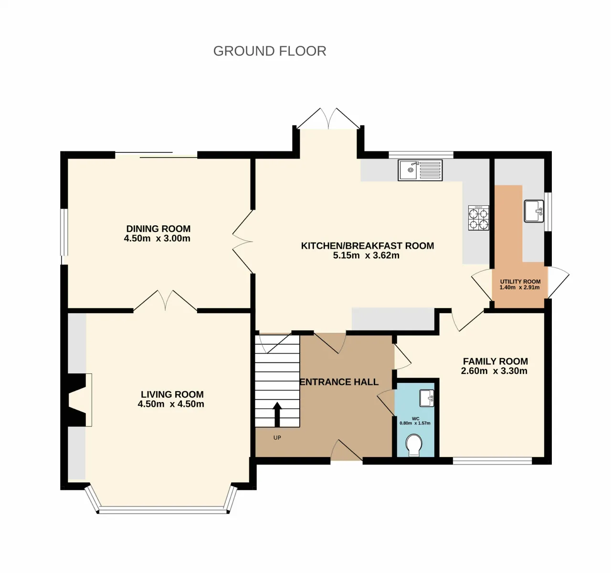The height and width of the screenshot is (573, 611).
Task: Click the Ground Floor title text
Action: click(x=270, y=51)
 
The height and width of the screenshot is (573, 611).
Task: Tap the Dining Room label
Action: click(x=158, y=229)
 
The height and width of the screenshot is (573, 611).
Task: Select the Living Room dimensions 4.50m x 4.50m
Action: click(x=171, y=404)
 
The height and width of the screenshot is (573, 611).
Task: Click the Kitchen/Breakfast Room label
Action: click(x=368, y=246)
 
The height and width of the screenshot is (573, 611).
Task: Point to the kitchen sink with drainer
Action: click(x=420, y=170)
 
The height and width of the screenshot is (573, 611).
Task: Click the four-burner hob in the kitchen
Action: click(x=478, y=218)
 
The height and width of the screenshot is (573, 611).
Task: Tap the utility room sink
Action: click(x=534, y=211)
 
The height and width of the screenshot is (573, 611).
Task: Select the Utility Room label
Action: click(x=520, y=281)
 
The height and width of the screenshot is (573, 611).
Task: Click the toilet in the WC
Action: click(x=413, y=445)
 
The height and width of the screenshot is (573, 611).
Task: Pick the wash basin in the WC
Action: click(x=427, y=398)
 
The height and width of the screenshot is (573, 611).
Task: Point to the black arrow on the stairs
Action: click(x=277, y=414)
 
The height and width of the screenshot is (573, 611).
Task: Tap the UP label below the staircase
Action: click(x=277, y=438)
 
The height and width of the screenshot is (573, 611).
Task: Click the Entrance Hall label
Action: click(x=339, y=382)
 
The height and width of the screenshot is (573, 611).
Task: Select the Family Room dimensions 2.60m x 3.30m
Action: click(x=494, y=371)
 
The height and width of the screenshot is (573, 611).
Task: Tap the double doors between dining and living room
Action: click(x=165, y=300)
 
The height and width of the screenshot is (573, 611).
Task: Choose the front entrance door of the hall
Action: click(x=347, y=450)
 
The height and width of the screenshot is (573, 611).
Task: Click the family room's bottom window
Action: click(x=492, y=461)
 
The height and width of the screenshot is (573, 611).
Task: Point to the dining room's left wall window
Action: click(x=63, y=232)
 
